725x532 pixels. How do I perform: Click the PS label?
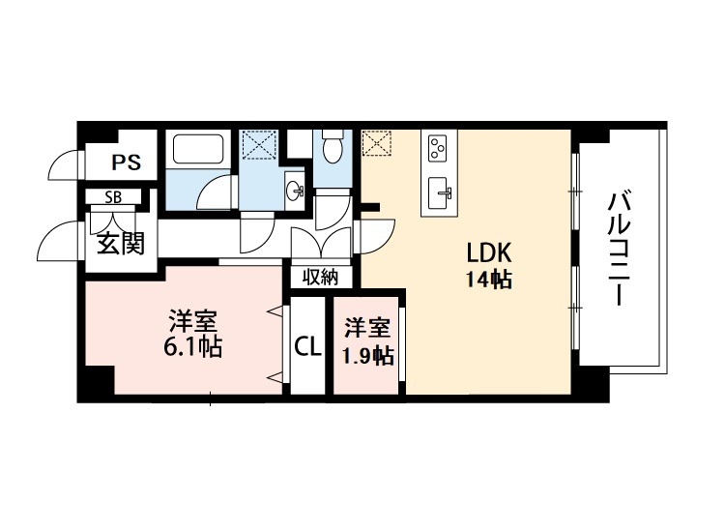click(x=125, y=163)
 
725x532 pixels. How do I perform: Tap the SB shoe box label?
click(x=114, y=197)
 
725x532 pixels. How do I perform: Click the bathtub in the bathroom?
click(x=196, y=151)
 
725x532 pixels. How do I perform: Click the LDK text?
click(x=488, y=253)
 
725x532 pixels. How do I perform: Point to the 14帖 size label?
click(x=488, y=281)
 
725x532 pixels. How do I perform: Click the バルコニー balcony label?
click(x=619, y=250)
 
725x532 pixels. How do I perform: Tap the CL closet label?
click(x=307, y=346)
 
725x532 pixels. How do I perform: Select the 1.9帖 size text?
click(x=367, y=355)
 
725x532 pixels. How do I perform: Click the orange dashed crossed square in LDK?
click(x=374, y=145)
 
